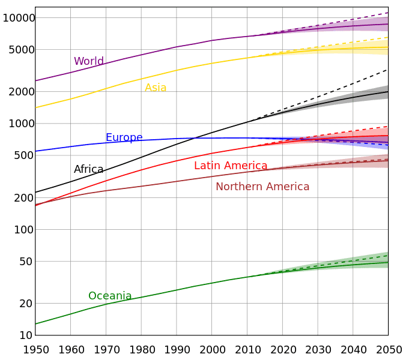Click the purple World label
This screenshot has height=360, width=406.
(88, 61)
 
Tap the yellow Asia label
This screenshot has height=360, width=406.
(156, 88)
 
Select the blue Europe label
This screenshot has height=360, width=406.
(124, 137)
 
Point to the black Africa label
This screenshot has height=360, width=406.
(88, 169)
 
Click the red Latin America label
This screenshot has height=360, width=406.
(231, 166)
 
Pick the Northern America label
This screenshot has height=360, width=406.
(262, 187)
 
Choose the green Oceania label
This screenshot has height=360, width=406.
(110, 296)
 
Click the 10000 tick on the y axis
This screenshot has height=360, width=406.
(19, 18)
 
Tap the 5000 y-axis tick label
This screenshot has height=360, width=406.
(22, 50)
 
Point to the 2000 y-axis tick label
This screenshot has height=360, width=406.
(22, 92)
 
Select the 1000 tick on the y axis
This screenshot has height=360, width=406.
(22, 124)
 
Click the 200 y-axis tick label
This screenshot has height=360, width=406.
(25, 198)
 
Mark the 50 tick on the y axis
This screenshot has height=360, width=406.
(28, 261)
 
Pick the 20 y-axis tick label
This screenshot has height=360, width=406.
(28, 304)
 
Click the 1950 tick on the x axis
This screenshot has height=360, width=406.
(35, 349)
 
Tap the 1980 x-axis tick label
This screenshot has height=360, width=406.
(141, 349)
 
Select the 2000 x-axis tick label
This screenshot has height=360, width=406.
(212, 349)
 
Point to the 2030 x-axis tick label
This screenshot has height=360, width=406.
(318, 349)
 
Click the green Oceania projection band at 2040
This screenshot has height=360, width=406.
(353, 263)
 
